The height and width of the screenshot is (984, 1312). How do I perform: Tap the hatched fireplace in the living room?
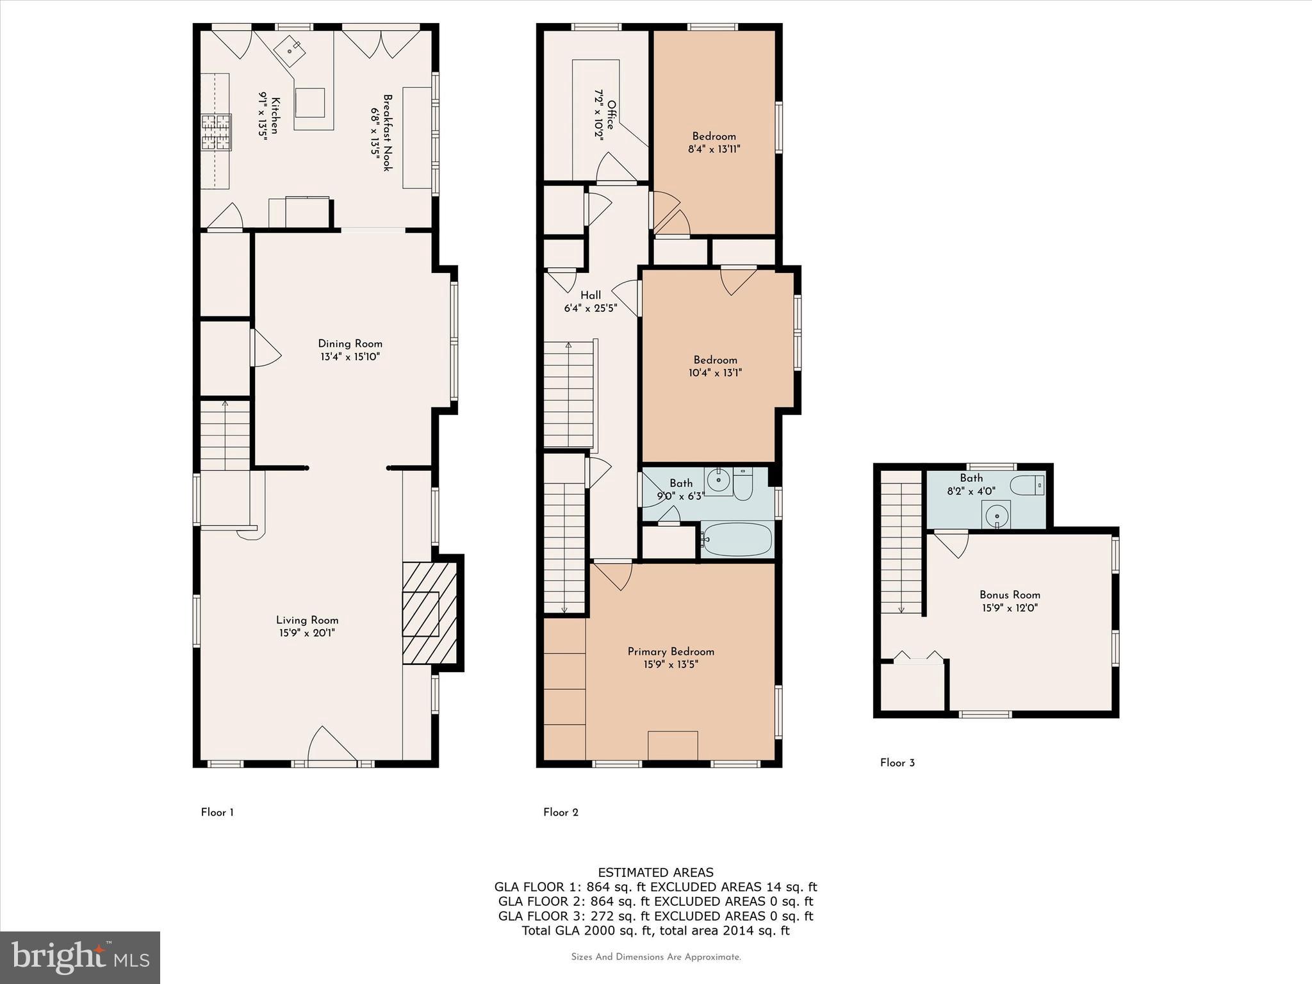[x=429, y=614]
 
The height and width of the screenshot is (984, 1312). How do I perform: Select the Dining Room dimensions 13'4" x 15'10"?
[x=350, y=357]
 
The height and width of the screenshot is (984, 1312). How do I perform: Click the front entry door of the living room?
[x=332, y=747]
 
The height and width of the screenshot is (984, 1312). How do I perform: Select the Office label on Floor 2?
[x=611, y=115]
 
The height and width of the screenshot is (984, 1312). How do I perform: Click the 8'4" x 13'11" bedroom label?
[x=714, y=143]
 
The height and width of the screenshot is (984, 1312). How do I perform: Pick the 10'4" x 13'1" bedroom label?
[x=715, y=366]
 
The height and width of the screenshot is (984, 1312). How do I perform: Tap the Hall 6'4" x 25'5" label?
[x=590, y=302]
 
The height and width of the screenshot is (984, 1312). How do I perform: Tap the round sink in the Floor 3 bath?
[x=997, y=514]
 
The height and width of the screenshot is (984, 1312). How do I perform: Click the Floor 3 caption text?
[x=897, y=762]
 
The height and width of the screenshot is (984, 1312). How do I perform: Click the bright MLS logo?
[x=80, y=957]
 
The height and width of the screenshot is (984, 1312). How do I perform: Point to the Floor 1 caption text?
[x=217, y=812]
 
